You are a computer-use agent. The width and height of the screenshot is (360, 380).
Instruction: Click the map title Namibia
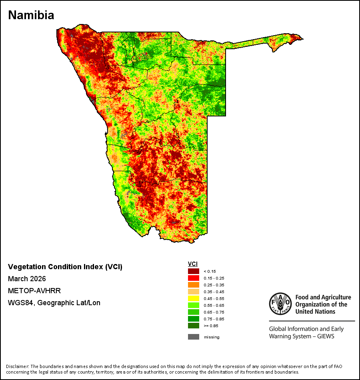point(31,15)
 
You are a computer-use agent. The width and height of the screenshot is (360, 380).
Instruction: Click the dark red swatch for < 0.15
point(194,271)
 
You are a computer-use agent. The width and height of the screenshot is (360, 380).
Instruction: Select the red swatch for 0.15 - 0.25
point(194,278)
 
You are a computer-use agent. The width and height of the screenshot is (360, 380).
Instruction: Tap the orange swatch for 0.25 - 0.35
point(194,285)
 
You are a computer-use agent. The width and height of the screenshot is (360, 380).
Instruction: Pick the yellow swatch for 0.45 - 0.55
point(194,298)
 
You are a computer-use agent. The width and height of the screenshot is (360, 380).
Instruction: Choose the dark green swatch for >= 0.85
point(194,326)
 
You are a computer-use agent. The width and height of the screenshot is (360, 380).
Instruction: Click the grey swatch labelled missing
point(194,337)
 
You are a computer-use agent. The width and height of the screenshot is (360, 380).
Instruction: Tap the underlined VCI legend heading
point(192,264)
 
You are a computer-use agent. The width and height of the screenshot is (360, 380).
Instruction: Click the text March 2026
point(27,279)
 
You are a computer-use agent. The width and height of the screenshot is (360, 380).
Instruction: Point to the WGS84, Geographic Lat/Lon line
point(54,303)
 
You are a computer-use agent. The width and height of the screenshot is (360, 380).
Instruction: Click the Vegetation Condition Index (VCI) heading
point(65,267)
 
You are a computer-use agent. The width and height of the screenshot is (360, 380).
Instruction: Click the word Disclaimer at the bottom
point(17,366)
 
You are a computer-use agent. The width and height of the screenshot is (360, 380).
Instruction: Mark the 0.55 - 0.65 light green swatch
point(194,305)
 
